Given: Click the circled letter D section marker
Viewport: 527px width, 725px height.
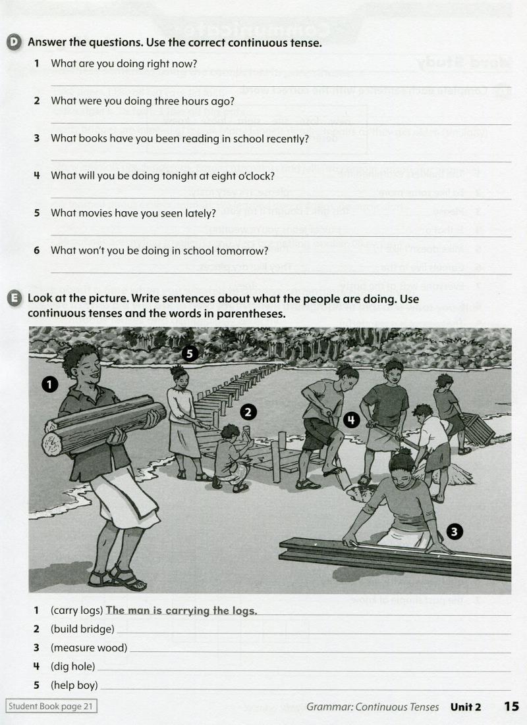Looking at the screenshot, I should [14, 43].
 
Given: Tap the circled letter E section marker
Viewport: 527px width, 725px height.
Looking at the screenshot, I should [14, 298].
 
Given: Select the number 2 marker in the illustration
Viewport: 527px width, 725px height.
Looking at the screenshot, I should [248, 413].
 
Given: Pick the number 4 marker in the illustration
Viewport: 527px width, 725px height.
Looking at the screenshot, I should [352, 420].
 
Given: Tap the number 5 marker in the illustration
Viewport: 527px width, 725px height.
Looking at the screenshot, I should [189, 354].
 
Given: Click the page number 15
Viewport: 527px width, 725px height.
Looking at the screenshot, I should [511, 707].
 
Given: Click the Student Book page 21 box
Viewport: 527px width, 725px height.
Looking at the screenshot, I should [51, 707].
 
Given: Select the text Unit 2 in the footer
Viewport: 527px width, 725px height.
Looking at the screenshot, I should [466, 707].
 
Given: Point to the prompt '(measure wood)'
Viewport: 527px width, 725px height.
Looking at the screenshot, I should [89, 648].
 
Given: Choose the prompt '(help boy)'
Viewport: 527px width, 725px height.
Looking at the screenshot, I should [74, 685].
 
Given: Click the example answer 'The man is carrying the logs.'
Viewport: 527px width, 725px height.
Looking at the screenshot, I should [181, 611].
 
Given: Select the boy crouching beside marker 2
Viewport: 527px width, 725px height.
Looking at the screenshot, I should [231, 457].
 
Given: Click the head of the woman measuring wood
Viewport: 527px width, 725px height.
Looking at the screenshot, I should [401, 463].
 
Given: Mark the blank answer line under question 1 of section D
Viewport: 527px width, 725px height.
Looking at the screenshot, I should [280, 86].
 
